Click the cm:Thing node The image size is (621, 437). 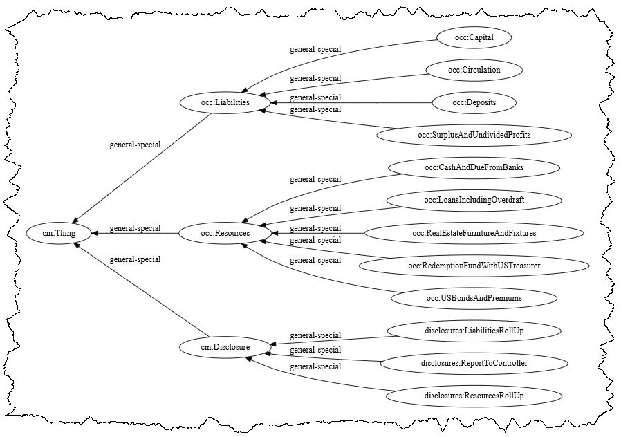pyautogui.click(x=59, y=234)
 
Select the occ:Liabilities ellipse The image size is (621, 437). pyautogui.click(x=224, y=102)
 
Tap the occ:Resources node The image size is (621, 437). pyautogui.click(x=224, y=234)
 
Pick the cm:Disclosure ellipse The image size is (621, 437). pyautogui.click(x=224, y=345)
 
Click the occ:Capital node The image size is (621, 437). pyautogui.click(x=474, y=37)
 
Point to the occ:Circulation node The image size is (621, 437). pyautogui.click(x=474, y=70)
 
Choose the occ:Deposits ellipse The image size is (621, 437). pyautogui.click(x=474, y=103)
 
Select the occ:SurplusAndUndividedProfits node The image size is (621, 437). pyautogui.click(x=474, y=135)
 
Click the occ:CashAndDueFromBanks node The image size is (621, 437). pyautogui.click(x=474, y=168)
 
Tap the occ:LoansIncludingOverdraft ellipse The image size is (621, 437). pyautogui.click(x=474, y=201)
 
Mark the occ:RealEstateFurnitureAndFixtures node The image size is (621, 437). pyautogui.click(x=474, y=233)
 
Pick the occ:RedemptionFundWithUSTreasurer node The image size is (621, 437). pyautogui.click(x=474, y=266)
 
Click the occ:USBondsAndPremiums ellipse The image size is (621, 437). pyautogui.click(x=474, y=298)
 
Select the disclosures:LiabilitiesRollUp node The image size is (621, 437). pyautogui.click(x=474, y=331)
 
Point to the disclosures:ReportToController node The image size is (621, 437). pyautogui.click(x=474, y=362)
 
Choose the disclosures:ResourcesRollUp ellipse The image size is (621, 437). pyautogui.click(x=474, y=396)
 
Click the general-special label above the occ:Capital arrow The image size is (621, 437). pyautogui.click(x=315, y=49)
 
